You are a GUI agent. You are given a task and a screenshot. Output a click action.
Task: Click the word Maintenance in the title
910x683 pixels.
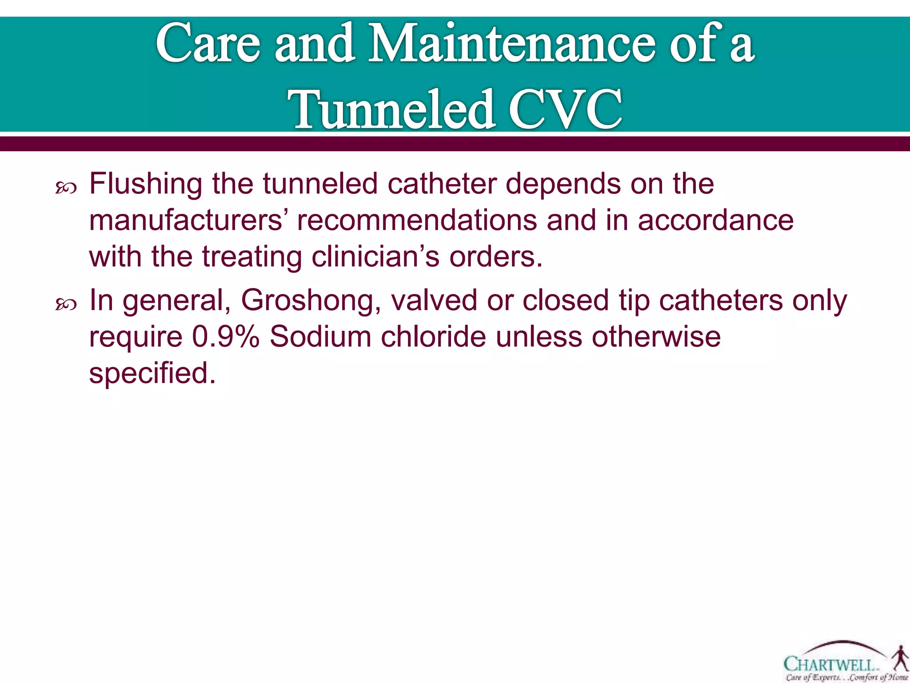click(x=511, y=44)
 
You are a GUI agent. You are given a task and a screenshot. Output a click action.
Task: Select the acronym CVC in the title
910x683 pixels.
click(x=565, y=109)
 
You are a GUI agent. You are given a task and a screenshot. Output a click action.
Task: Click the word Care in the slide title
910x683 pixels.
click(x=208, y=44)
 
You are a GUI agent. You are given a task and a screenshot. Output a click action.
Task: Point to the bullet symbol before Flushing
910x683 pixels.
click(x=66, y=189)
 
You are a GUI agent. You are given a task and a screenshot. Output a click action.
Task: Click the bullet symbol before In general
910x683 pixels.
click(x=66, y=305)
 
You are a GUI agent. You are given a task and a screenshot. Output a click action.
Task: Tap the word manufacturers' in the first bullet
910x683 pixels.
click(x=186, y=221)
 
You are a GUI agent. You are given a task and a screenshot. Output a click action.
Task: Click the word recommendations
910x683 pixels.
click(x=417, y=221)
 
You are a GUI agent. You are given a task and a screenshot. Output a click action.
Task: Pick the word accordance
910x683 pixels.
click(x=715, y=221)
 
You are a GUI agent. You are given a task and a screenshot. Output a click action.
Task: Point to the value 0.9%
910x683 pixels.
click(x=226, y=337)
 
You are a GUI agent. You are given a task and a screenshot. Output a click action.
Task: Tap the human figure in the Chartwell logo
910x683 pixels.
click(x=899, y=658)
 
